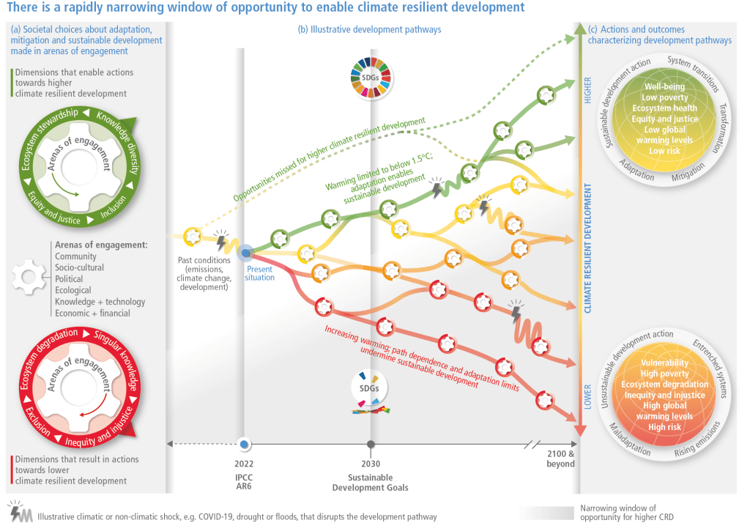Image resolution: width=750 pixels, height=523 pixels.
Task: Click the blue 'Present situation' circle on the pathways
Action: (245, 253)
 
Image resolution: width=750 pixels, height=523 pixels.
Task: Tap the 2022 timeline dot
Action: (245, 444)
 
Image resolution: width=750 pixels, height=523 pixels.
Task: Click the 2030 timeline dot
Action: (371, 444)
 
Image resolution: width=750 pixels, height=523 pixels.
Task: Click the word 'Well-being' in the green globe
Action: (664, 87)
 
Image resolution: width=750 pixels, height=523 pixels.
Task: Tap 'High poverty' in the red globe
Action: (664, 374)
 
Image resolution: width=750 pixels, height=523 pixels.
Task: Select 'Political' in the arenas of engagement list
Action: (69, 279)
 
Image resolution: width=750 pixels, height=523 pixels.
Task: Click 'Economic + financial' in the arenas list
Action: (92, 313)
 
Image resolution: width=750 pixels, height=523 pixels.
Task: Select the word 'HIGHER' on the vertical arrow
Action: (587, 89)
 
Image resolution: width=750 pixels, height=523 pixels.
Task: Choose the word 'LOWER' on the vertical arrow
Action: (587, 396)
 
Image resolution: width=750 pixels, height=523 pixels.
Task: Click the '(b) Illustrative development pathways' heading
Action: (369, 30)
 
